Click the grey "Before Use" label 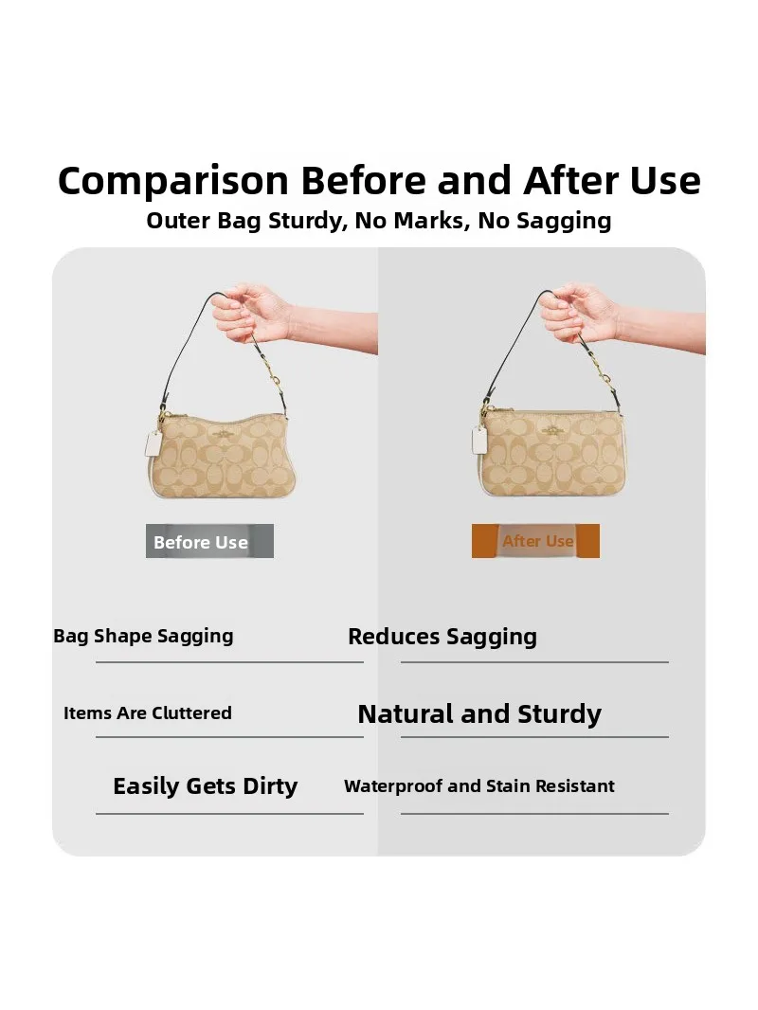(x=209, y=541)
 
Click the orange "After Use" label (x=535, y=541)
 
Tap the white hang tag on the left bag (x=153, y=443)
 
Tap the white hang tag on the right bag (x=479, y=440)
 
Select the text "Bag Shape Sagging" (x=143, y=637)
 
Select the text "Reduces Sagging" (x=442, y=637)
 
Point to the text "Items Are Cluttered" (x=148, y=713)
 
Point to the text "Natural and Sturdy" (x=479, y=714)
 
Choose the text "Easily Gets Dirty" (x=205, y=786)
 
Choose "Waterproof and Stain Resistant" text (x=479, y=786)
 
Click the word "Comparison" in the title (x=173, y=181)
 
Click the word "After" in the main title (x=570, y=180)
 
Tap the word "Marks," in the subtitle (x=431, y=221)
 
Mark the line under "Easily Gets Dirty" (x=230, y=814)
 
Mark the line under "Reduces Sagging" (x=534, y=661)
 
